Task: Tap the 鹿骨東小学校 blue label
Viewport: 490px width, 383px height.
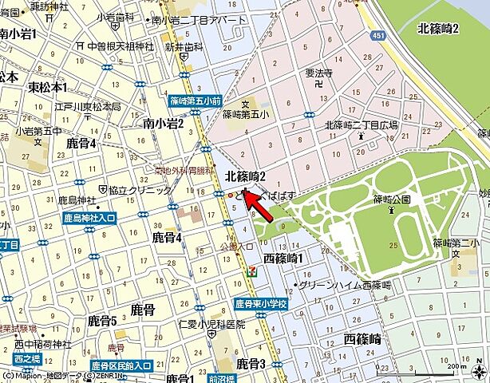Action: [260, 305]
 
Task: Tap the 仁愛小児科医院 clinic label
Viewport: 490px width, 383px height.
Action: [211, 325]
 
